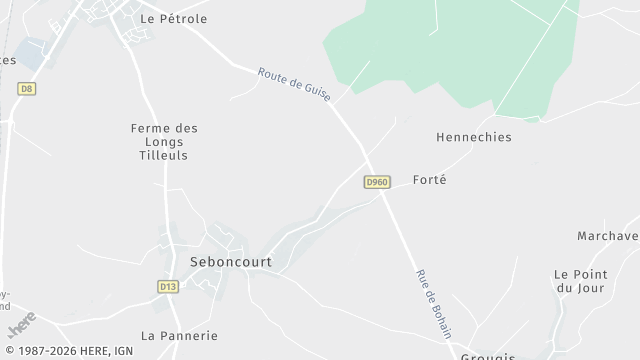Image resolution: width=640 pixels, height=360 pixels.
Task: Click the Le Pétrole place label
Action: pos(173,19)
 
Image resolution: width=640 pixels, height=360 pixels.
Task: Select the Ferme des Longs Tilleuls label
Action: pos(164,142)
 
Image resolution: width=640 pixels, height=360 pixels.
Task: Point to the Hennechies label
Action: pos(474,137)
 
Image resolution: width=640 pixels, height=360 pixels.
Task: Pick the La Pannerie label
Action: pos(179,336)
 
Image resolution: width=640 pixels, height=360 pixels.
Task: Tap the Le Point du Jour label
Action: pos(574,281)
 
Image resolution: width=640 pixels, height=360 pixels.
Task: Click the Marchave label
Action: pos(608,236)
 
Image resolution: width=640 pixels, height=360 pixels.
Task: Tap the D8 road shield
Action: pos(26,89)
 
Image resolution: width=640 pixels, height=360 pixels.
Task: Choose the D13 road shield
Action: pos(167,286)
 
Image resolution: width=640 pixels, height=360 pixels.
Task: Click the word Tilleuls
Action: pos(164,156)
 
